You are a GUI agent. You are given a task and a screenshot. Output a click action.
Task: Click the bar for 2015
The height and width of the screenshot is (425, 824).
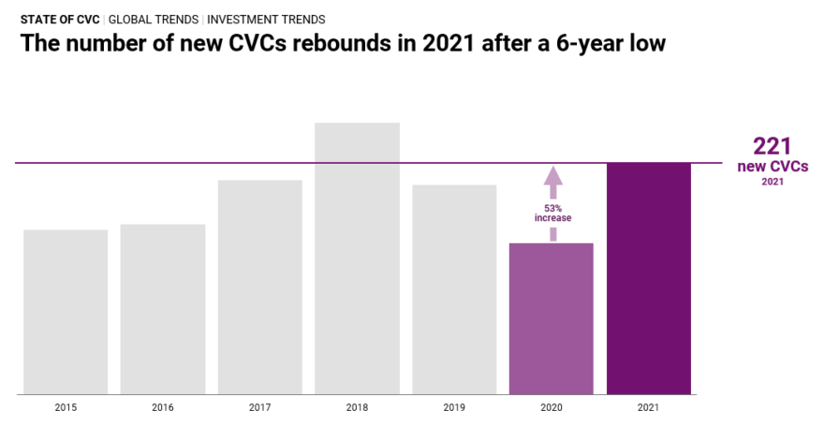click(x=66, y=312)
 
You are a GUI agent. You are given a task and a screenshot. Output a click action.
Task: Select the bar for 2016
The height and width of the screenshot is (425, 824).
click(x=163, y=309)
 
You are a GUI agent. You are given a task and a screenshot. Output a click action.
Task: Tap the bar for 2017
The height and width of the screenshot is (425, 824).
click(x=260, y=286)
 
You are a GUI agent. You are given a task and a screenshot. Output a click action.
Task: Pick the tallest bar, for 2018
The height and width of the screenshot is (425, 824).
click(x=357, y=258)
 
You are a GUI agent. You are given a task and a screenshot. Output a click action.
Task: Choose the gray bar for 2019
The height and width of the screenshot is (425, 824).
click(x=454, y=289)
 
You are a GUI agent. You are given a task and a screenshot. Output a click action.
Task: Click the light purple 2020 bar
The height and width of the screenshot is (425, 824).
click(x=552, y=318)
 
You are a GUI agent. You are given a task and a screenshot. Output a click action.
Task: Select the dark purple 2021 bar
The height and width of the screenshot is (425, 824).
click(x=649, y=279)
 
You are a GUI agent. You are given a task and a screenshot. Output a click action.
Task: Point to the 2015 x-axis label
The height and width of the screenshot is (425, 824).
click(x=66, y=408)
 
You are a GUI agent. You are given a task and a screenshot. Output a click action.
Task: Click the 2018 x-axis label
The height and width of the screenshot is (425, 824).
click(x=357, y=408)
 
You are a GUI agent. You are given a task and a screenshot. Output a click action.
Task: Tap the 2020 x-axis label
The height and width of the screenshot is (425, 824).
click(x=552, y=408)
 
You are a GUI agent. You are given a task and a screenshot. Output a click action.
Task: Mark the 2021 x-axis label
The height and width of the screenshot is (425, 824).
click(x=649, y=408)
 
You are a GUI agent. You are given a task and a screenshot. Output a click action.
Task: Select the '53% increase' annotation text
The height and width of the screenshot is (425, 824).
click(x=552, y=212)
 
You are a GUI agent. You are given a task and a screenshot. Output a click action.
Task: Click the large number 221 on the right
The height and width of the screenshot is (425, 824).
click(x=772, y=146)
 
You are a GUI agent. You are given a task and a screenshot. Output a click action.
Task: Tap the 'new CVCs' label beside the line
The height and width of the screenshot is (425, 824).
click(x=772, y=167)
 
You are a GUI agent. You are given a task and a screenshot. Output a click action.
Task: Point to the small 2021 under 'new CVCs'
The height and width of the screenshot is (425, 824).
click(x=772, y=182)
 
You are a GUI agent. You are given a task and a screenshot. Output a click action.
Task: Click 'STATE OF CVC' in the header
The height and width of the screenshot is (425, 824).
click(x=59, y=19)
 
